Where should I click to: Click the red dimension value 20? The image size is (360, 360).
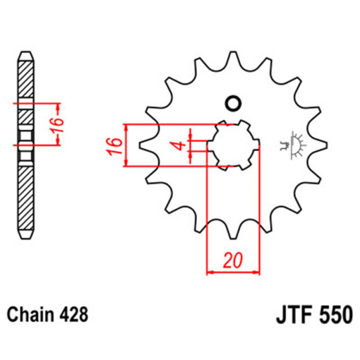point(233,260)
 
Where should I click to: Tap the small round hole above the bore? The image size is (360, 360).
point(233,104)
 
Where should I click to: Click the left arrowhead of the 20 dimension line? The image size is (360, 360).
point(210,272)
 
